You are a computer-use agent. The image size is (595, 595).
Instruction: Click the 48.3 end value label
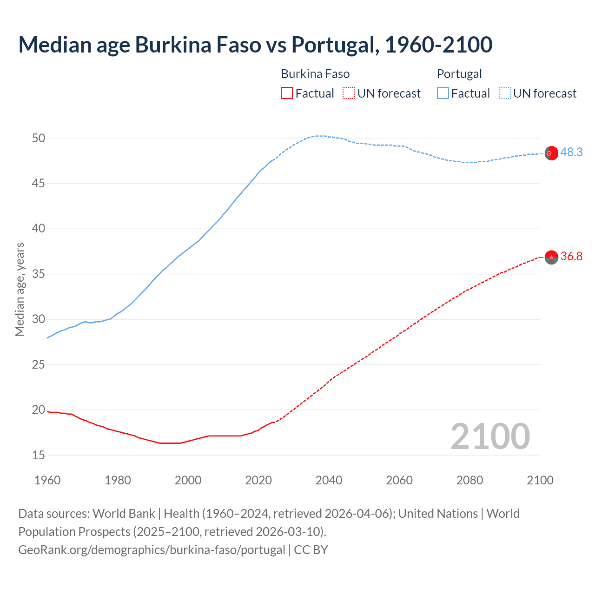(571, 152)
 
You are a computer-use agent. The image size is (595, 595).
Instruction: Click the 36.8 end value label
(571, 256)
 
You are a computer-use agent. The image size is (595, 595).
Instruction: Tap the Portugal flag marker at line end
(551, 153)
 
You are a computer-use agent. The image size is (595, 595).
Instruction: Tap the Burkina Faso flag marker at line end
(551, 257)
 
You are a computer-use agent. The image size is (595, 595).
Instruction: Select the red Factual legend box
(287, 93)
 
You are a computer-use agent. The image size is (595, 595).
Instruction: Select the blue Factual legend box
(443, 93)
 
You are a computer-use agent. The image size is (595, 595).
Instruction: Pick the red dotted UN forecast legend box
(349, 93)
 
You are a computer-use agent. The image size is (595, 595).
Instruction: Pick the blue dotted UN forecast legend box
(504, 93)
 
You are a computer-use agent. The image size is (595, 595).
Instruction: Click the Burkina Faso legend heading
(315, 74)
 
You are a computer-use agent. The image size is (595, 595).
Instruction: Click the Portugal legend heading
(459, 74)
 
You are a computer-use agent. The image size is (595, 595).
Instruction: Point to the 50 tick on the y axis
(39, 138)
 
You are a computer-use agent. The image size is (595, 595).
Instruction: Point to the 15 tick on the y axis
(39, 455)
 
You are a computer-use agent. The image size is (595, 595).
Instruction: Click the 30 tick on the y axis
(39, 319)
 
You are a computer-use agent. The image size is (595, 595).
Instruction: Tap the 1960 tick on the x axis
(47, 480)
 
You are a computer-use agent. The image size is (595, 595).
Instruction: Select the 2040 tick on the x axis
(329, 480)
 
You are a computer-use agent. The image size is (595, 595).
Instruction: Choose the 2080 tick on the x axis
(469, 480)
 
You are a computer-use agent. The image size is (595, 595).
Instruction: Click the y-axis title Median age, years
(20, 289)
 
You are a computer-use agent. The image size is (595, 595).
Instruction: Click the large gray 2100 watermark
(490, 436)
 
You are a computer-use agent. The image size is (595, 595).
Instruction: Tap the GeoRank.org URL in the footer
(152, 549)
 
